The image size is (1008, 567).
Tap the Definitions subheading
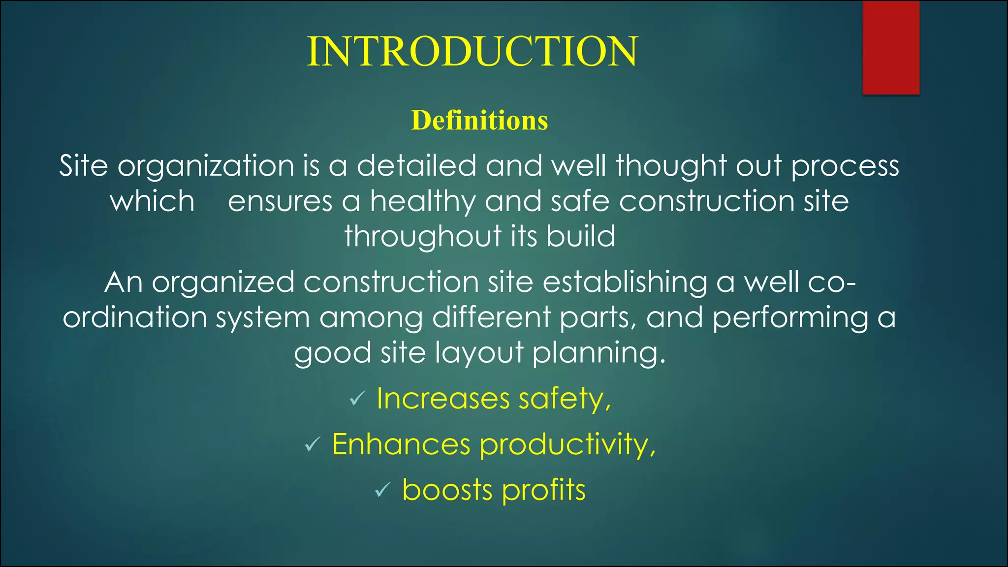[x=479, y=120]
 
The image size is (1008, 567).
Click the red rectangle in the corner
[x=891, y=48]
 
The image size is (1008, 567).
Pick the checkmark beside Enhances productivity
[x=313, y=444]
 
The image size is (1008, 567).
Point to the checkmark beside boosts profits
[x=382, y=490]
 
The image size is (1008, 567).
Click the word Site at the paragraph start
[x=83, y=165]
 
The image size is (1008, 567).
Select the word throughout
[x=422, y=236]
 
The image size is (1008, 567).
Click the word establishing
[x=625, y=283]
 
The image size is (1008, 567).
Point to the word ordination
[x=134, y=317]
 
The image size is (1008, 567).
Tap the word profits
[x=544, y=490]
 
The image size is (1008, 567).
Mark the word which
[x=152, y=201]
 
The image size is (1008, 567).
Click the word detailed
[x=416, y=165]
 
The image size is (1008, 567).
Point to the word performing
[x=790, y=317]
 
